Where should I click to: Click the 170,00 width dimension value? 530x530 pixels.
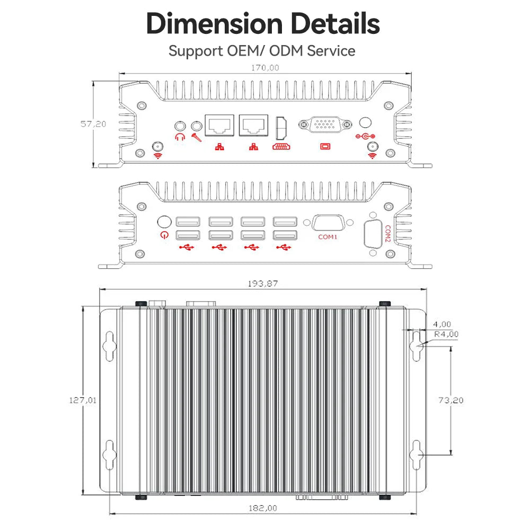[x=265, y=68]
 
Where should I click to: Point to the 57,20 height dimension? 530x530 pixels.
[x=93, y=124]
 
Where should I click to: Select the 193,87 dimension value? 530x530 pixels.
[x=263, y=284]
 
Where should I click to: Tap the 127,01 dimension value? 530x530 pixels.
[x=83, y=400]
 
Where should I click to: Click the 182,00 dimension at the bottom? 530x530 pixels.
[x=263, y=508]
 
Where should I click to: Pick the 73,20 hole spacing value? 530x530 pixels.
[x=451, y=400]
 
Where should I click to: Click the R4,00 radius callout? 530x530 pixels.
[x=446, y=334]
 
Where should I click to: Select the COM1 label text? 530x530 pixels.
[x=328, y=237]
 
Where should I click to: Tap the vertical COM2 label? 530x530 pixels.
[x=388, y=234]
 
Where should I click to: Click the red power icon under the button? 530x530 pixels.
[x=165, y=235]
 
